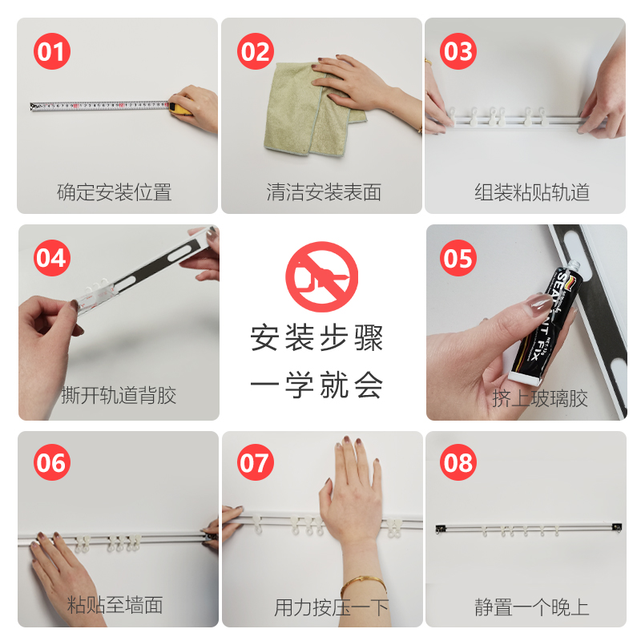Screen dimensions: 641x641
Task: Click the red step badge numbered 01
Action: tap(52, 52)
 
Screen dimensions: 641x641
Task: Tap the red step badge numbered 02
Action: tap(256, 52)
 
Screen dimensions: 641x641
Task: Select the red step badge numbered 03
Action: tap(459, 52)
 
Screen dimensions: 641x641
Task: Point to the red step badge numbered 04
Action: tap(52, 258)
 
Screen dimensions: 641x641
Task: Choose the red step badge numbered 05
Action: tap(459, 258)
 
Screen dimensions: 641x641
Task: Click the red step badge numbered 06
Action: tap(52, 463)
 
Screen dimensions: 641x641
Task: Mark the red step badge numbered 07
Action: tap(256, 463)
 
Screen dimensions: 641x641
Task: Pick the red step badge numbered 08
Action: tap(459, 463)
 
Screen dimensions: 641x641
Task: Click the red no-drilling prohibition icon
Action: tap(321, 277)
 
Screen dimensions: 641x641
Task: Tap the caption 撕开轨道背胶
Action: tap(119, 395)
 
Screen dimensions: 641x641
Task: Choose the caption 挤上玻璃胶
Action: tap(540, 398)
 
